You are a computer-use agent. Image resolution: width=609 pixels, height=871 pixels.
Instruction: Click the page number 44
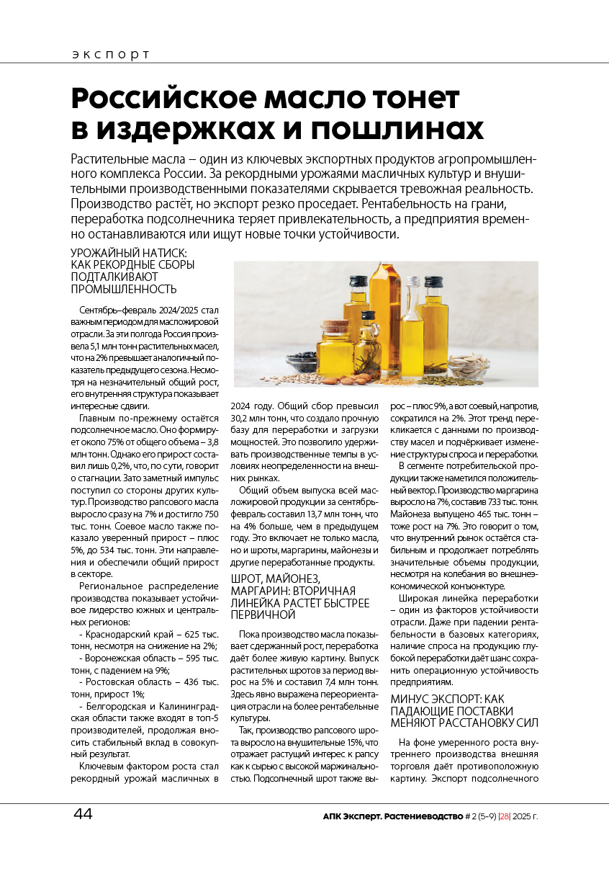[83, 814]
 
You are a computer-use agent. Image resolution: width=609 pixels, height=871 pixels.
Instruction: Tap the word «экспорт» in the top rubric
[111, 55]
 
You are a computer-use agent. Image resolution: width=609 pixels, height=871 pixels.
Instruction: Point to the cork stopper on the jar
[334, 326]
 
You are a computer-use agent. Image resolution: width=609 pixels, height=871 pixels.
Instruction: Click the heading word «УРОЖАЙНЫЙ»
[109, 253]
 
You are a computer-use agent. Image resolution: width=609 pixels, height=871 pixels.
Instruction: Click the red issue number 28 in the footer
[505, 816]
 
